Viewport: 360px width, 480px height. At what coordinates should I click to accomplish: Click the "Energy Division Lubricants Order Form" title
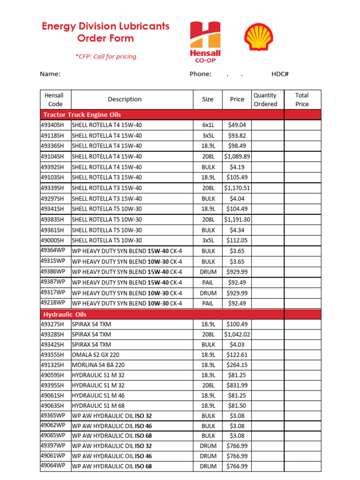point(105,32)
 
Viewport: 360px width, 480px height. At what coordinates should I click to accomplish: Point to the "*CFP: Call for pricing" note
point(105,57)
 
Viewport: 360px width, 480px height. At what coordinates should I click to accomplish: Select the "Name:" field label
point(50,74)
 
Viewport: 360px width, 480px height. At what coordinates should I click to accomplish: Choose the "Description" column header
point(124,99)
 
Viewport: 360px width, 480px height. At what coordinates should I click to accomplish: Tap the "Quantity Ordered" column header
point(265,99)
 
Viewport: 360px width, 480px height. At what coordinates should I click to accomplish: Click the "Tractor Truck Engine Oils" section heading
point(82,115)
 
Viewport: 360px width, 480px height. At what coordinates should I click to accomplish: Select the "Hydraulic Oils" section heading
point(65,315)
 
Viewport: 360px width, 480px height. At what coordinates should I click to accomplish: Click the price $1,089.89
point(237,157)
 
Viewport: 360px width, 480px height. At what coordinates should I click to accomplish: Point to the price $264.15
point(237,365)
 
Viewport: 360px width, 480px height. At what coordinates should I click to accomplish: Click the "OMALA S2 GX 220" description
point(93,354)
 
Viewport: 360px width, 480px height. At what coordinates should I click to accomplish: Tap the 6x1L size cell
point(208,125)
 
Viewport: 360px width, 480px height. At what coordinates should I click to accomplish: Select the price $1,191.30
point(237,219)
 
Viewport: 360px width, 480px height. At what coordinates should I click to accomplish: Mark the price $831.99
point(237,385)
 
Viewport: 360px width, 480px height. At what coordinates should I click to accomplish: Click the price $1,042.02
point(237,334)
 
